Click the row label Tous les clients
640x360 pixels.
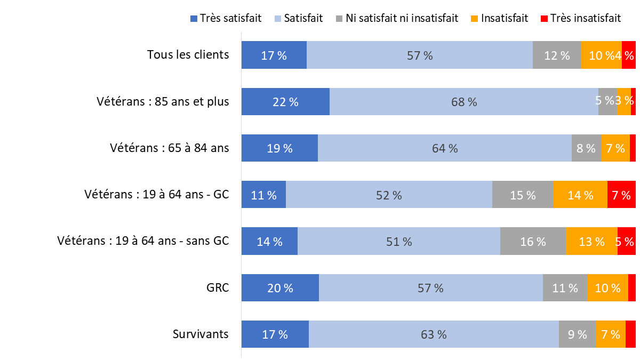tap(188, 54)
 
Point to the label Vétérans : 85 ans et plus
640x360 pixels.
tap(163, 101)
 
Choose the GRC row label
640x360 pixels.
tap(218, 287)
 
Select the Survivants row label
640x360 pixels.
tap(201, 334)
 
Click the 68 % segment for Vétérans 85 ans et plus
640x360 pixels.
tap(463, 101)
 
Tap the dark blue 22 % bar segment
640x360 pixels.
tap(285, 101)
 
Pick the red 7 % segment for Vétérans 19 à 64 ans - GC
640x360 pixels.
tap(621, 195)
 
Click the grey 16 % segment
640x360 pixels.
tap(533, 241)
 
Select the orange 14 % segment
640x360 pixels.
tap(580, 195)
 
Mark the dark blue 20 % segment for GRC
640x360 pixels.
tap(280, 287)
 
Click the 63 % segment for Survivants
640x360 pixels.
tap(434, 334)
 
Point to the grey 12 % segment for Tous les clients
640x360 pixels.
tap(557, 54)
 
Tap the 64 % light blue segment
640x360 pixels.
tap(445, 148)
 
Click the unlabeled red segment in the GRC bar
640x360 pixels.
tap(632, 287)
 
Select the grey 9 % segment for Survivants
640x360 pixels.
tap(577, 334)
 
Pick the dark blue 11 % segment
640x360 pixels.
tap(263, 195)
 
